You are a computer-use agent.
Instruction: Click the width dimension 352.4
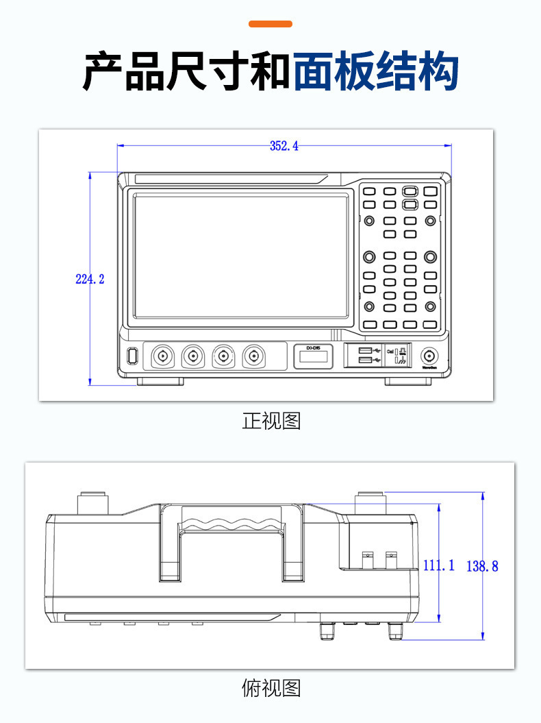[x=284, y=146]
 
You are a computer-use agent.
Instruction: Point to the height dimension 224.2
[x=90, y=279]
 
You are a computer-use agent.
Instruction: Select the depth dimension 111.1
[x=439, y=565]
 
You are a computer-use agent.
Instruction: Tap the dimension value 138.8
[x=483, y=566]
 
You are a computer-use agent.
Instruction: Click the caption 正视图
[x=271, y=421]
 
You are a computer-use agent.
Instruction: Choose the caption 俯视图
[x=271, y=687]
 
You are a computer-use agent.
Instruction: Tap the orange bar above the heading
[x=270, y=24]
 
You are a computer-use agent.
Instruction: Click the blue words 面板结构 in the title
[x=376, y=71]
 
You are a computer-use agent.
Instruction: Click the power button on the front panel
[x=132, y=356]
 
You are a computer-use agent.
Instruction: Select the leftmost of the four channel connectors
[x=163, y=356]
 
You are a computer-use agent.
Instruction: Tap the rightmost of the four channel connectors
[x=253, y=356]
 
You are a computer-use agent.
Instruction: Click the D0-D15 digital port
[x=314, y=356]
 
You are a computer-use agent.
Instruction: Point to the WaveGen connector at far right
[x=430, y=356]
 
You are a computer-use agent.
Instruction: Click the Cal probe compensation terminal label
[x=390, y=351]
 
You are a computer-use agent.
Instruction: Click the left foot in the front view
[x=160, y=382]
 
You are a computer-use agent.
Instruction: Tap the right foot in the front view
[x=408, y=382]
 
